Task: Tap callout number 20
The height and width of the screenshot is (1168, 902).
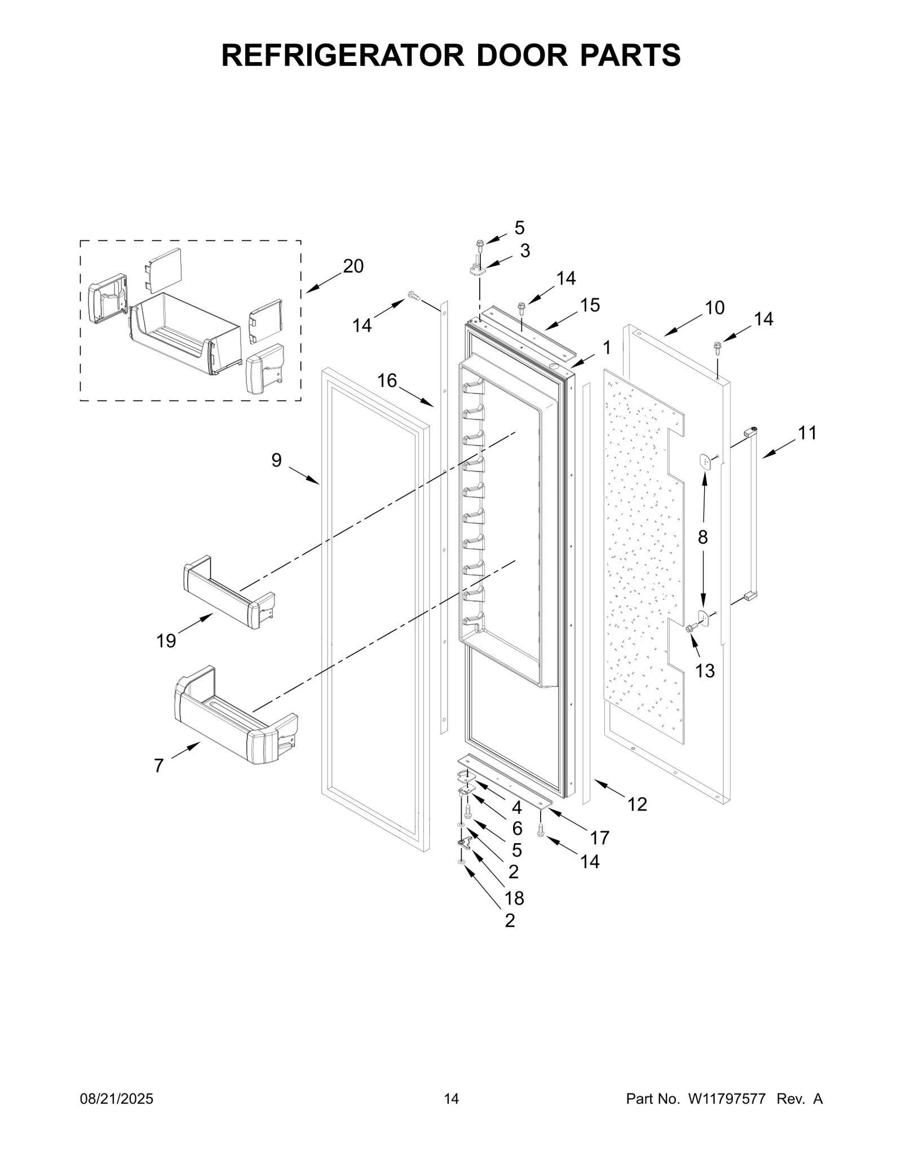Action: pyautogui.click(x=353, y=266)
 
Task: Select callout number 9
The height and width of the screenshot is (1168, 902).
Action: pyautogui.click(x=276, y=460)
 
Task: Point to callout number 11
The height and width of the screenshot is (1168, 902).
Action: pyautogui.click(x=807, y=433)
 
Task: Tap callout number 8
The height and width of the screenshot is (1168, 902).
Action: pyautogui.click(x=702, y=537)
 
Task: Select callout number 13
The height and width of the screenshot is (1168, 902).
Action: pyautogui.click(x=705, y=671)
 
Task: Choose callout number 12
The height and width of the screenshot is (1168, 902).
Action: pyautogui.click(x=637, y=804)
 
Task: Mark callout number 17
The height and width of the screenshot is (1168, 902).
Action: pyautogui.click(x=599, y=838)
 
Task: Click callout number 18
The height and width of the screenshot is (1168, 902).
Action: pyautogui.click(x=515, y=898)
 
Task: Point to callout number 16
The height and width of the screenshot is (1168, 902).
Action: pyautogui.click(x=387, y=381)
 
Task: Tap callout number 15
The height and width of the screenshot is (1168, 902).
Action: pyautogui.click(x=590, y=305)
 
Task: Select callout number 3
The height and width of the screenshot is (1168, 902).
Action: pyautogui.click(x=525, y=251)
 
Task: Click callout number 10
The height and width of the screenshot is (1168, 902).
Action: pyautogui.click(x=714, y=308)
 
